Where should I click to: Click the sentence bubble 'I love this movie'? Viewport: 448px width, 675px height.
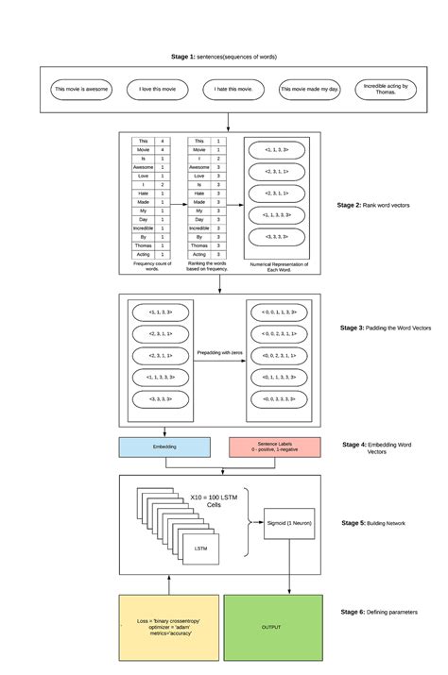click(x=158, y=90)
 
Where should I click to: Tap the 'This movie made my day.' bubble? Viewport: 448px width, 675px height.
click(x=309, y=90)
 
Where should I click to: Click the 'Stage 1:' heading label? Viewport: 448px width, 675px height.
click(x=183, y=58)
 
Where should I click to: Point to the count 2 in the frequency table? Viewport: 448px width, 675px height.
click(x=164, y=184)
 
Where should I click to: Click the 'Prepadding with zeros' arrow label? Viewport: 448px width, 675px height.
click(x=221, y=353)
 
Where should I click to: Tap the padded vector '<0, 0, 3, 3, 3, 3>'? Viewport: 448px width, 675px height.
click(x=279, y=399)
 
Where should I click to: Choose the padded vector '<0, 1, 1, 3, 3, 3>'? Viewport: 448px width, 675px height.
click(x=279, y=377)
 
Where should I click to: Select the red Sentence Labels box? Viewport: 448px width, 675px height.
click(x=275, y=447)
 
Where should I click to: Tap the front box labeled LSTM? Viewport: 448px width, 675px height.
click(x=200, y=548)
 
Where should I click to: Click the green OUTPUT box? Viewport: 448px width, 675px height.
click(x=271, y=627)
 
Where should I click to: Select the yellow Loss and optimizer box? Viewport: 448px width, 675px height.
click(x=167, y=627)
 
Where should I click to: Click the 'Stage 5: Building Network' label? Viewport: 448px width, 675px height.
click(x=375, y=522)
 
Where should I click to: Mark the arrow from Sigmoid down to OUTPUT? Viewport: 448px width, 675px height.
click(x=289, y=566)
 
